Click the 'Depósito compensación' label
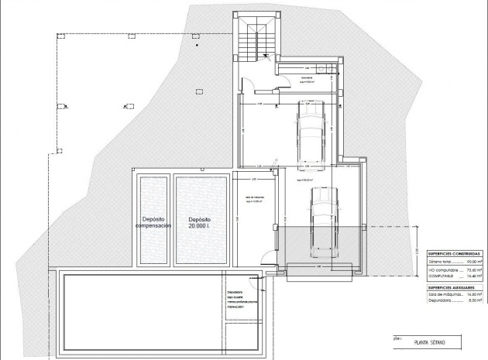153,222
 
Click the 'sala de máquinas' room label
255,198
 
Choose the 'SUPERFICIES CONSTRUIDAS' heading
454,254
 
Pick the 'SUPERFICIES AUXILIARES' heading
452,286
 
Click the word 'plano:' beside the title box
397,338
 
